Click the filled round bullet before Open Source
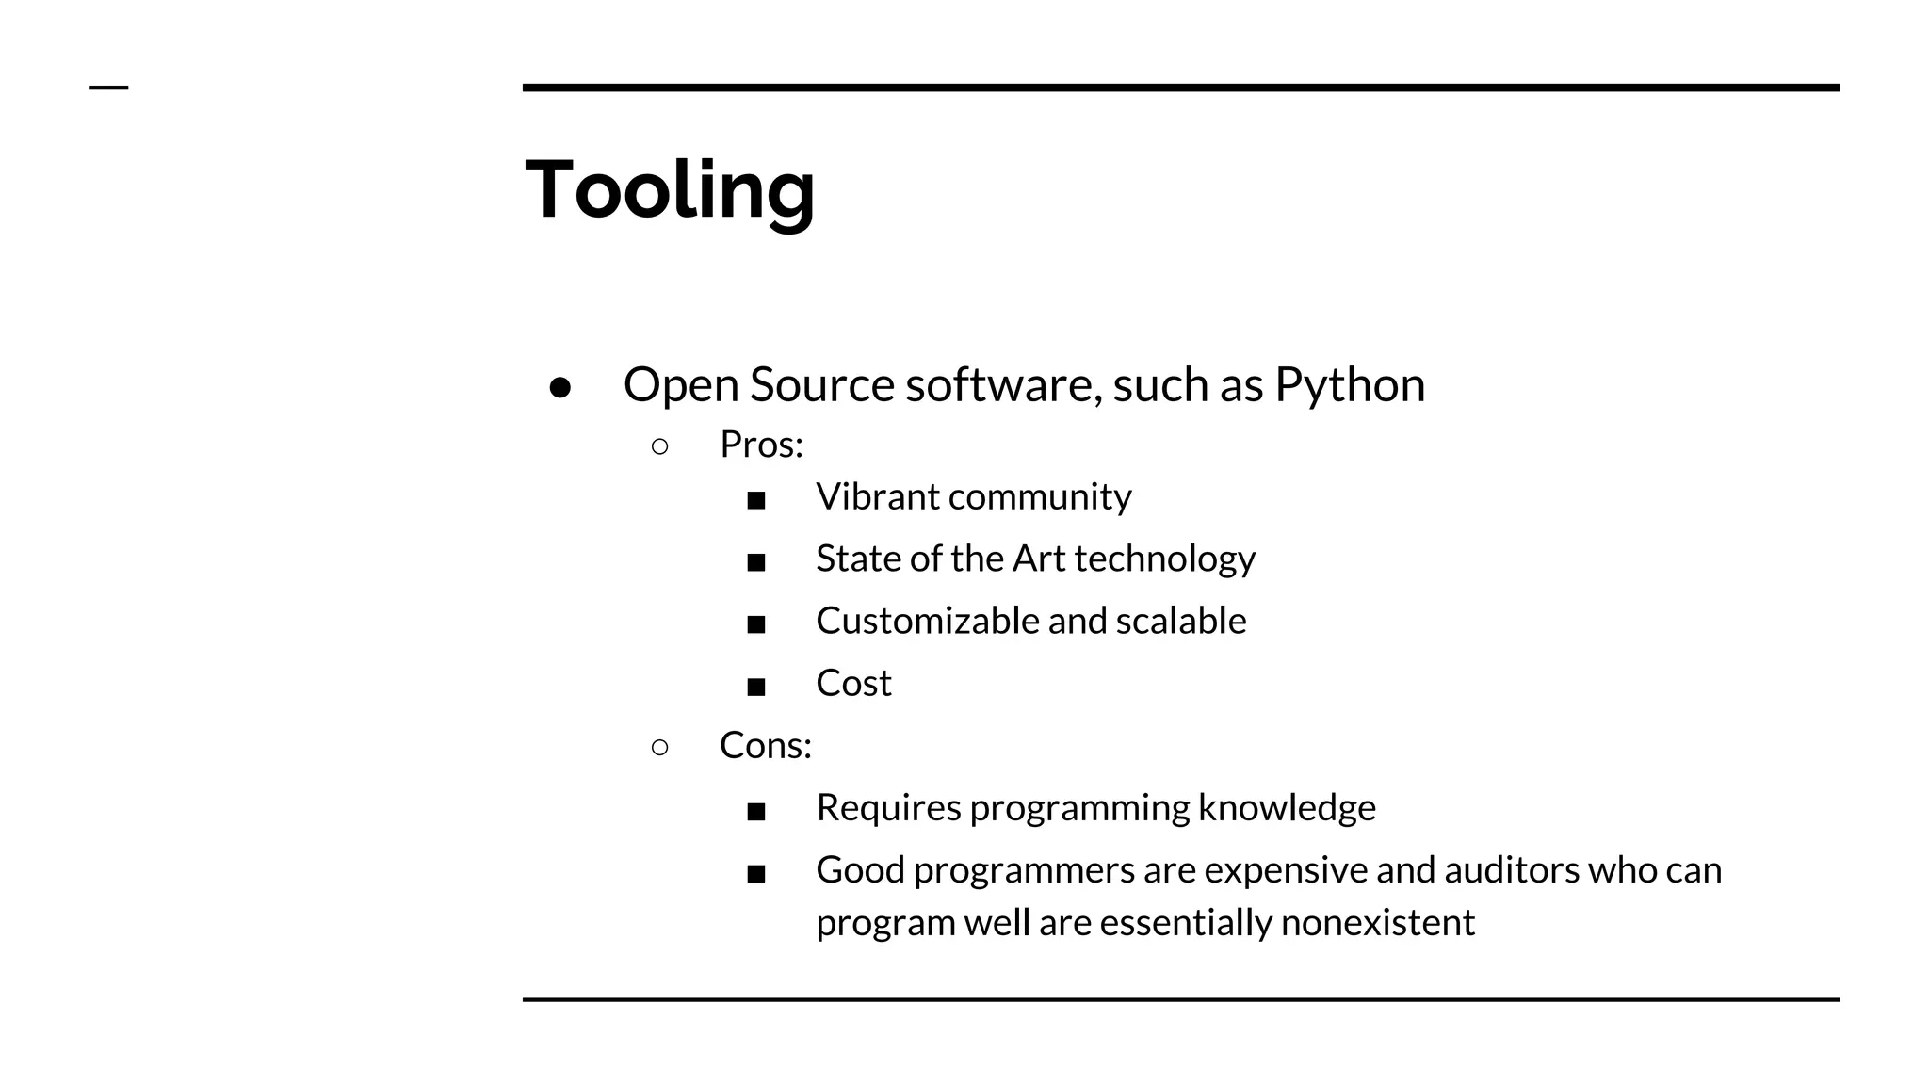[x=560, y=387]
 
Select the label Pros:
[x=761, y=445]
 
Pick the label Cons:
[x=765, y=746]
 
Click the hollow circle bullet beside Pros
[x=659, y=446]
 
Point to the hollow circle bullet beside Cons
[x=659, y=748]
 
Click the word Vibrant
[x=877, y=496]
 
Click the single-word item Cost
[x=852, y=683]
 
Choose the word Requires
[x=887, y=808]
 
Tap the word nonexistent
[x=1377, y=922]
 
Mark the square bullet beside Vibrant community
[x=755, y=500]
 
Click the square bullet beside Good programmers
[x=755, y=874]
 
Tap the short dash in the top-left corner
[x=108, y=88]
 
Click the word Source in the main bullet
[x=821, y=384]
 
